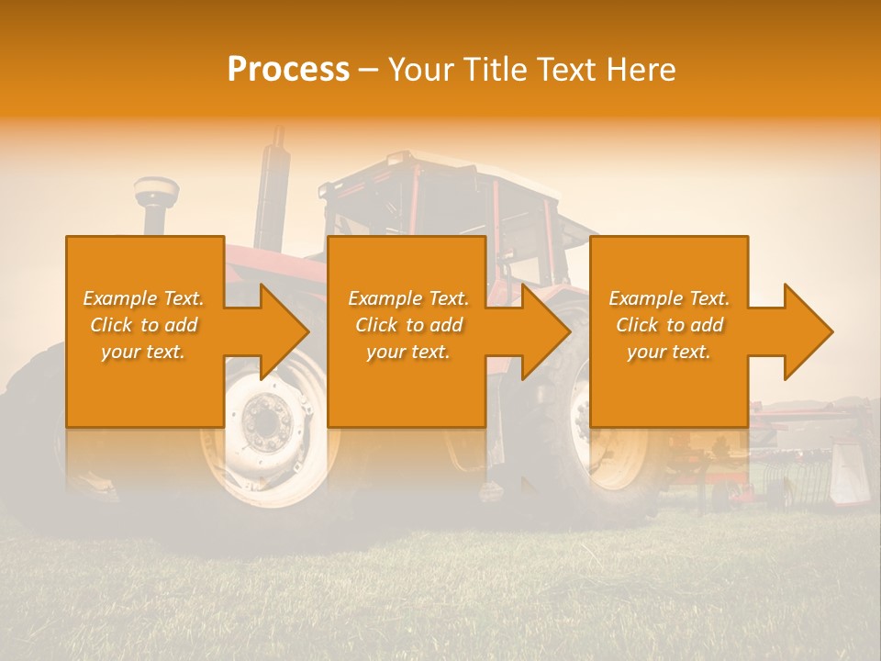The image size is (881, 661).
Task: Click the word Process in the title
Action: [x=288, y=70]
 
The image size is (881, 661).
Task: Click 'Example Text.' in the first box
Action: [x=144, y=298]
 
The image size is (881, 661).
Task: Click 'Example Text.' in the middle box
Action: [x=408, y=298]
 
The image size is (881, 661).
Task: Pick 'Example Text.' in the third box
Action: [x=669, y=298]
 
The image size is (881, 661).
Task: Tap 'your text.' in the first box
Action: [x=144, y=352]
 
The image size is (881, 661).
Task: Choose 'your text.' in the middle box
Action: [x=408, y=352]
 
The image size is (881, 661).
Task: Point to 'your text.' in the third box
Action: [x=669, y=352]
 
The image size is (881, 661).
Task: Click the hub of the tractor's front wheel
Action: [x=267, y=423]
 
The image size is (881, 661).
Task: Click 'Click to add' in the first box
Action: [x=144, y=325]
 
